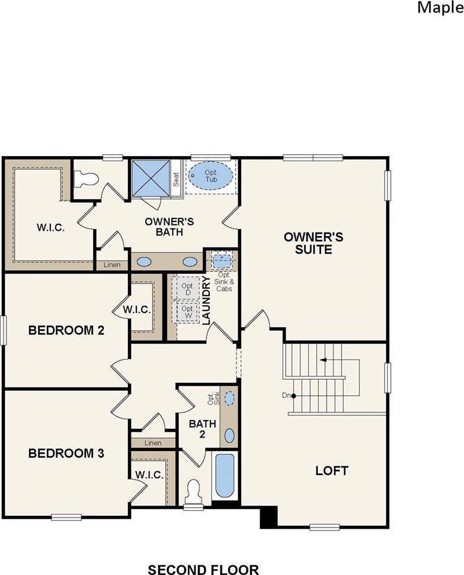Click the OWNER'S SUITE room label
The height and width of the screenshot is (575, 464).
click(x=313, y=243)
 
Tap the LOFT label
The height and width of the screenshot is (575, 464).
click(x=331, y=471)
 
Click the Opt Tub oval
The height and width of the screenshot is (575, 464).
click(x=211, y=176)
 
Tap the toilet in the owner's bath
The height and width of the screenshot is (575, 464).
click(x=87, y=177)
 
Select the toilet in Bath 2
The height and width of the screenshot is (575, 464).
click(x=193, y=491)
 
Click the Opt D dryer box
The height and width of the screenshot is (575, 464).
click(x=187, y=290)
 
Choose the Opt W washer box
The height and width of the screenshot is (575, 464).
click(x=187, y=312)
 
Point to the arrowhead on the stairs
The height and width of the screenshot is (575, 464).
click(x=322, y=360)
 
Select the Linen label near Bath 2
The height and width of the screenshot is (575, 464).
click(x=152, y=443)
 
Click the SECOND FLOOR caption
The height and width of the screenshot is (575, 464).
click(x=203, y=570)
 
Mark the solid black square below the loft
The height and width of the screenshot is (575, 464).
click(x=268, y=516)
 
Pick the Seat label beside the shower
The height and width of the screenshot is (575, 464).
click(x=176, y=180)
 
